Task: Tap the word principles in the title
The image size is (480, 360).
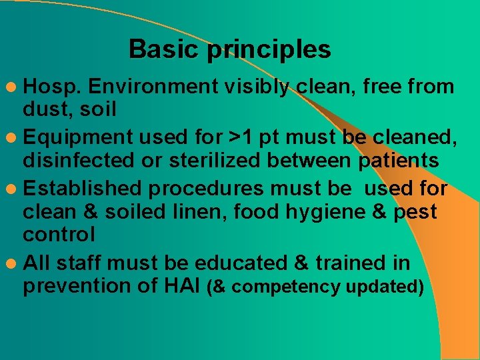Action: pyautogui.click(x=269, y=50)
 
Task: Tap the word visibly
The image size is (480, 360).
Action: pyautogui.click(x=257, y=87)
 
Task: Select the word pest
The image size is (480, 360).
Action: pyautogui.click(x=413, y=213)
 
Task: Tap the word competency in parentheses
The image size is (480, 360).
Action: pyautogui.click(x=287, y=287)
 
